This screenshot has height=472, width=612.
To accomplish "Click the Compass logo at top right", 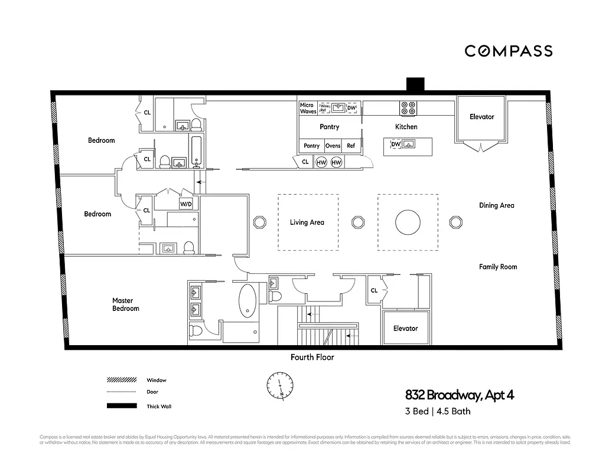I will pos(508,51).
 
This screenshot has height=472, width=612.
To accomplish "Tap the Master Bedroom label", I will pos(126,304).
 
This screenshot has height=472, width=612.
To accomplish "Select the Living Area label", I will pos(307,222).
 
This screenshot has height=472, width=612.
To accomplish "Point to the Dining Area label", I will pos(496,205).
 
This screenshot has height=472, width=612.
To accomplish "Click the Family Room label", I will pos(497,267).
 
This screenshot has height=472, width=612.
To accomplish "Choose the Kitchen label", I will pos(406,127).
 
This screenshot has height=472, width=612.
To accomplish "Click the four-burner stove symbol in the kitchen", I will pos(408,108).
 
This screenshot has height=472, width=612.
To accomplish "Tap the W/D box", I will pos(185,204).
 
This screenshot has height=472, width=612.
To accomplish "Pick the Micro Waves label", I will pos(308,108).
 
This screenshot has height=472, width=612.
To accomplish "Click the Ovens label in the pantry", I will pos(333,146).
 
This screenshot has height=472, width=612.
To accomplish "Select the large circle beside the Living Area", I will pos(408,222).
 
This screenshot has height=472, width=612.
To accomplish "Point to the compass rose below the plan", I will pos(279,386).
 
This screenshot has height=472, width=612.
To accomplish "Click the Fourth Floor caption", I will pos(312,357).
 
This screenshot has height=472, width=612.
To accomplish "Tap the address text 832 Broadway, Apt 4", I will pos(459,395).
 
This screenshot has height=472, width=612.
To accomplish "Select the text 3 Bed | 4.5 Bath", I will pos(438,411).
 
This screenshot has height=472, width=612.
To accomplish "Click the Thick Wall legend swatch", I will pos(121,406).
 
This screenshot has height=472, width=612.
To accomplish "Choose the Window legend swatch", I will pos(121,380).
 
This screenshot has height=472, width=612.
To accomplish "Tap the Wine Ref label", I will pos(324,108).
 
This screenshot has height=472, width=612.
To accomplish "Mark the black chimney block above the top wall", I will pos(415,84).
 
